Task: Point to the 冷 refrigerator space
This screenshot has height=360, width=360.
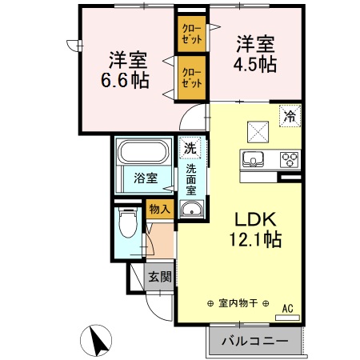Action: (x=289, y=116)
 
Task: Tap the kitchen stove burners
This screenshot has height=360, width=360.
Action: (x=288, y=159)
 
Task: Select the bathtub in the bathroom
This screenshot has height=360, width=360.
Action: (x=141, y=152)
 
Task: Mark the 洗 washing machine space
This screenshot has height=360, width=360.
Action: (x=190, y=148)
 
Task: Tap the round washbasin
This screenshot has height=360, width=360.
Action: (x=190, y=210)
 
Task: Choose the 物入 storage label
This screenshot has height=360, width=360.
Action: (x=159, y=209)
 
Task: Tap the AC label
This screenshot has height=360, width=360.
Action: (x=287, y=306)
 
